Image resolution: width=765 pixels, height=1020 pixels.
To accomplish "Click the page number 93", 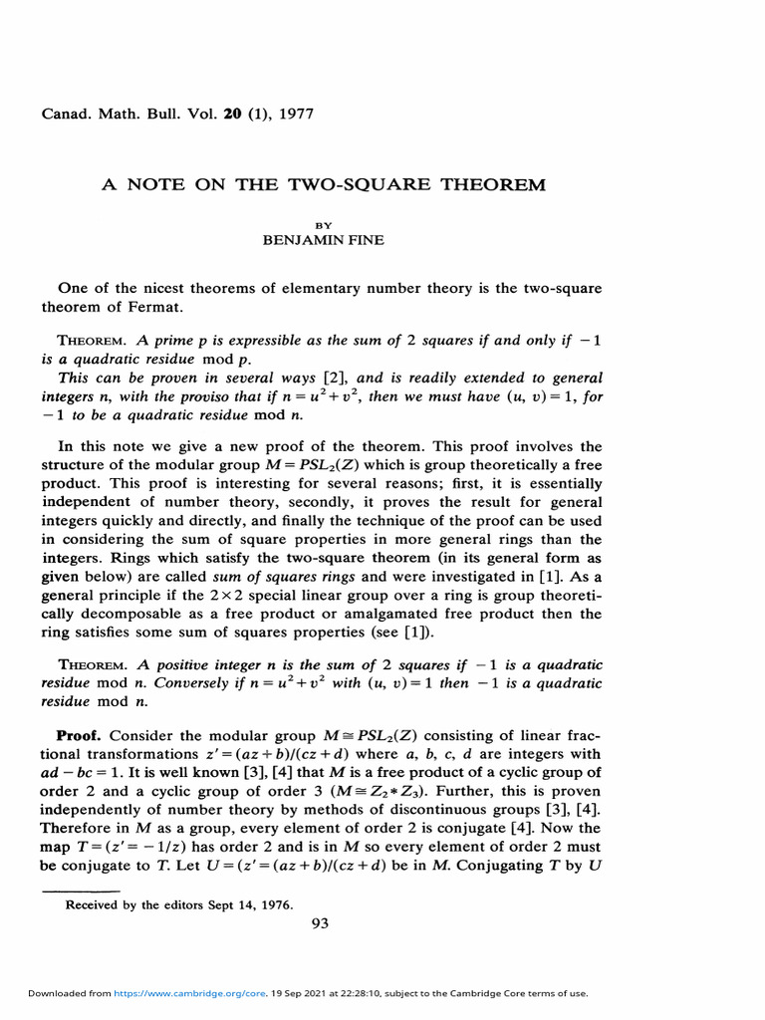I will pos(320,923).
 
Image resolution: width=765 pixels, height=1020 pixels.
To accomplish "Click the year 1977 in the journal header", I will pos(292,114).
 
